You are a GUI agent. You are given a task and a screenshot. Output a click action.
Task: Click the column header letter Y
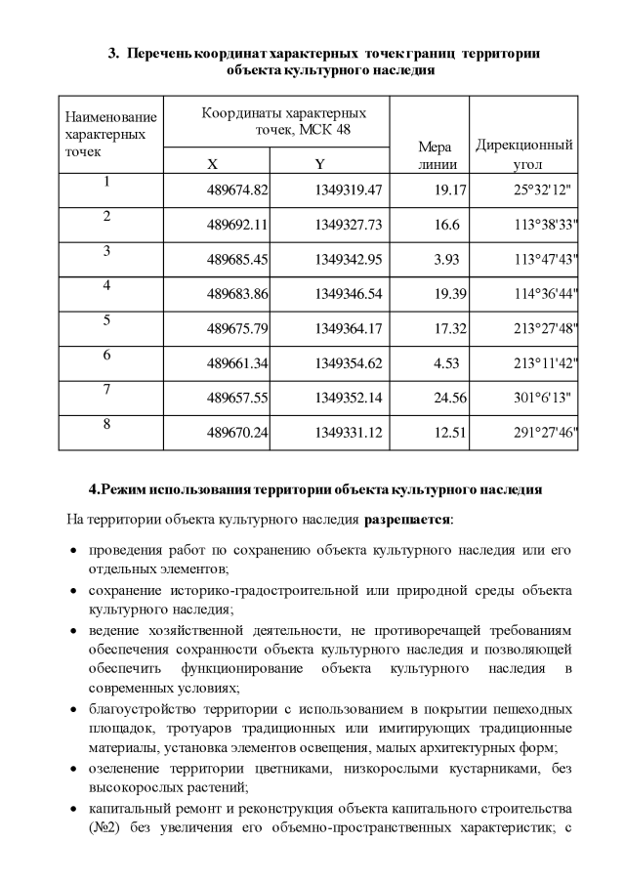coord(319,163)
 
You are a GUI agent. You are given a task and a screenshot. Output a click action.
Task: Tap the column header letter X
coord(213,163)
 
